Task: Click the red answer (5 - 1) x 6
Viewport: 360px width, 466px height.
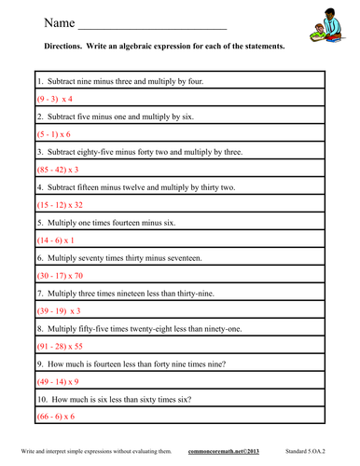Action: (54, 135)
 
